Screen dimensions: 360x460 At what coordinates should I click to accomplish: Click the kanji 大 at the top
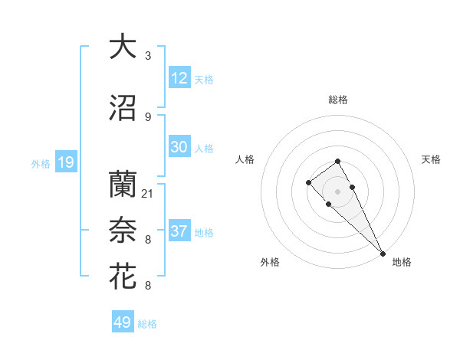coord(123,47)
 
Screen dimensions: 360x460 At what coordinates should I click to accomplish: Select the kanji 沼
coord(123,108)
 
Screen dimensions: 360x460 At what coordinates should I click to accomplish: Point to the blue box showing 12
coord(179,78)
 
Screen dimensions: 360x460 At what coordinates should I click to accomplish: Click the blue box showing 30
coord(179,148)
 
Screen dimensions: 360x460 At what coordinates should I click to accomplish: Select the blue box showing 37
coord(179,231)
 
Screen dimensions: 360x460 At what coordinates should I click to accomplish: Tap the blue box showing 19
coord(66,162)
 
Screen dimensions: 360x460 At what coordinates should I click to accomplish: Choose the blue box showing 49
coord(123,322)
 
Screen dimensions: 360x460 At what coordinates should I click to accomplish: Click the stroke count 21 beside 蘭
coord(148,194)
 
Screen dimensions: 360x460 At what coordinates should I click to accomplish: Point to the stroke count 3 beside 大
coord(148,56)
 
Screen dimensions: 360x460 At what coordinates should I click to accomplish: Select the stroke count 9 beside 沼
coord(148,117)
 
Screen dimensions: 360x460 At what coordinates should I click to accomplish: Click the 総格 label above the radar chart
coord(338,100)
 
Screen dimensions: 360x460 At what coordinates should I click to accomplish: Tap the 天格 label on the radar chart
coord(431,159)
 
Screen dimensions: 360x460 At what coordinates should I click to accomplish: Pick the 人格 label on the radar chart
coord(245,159)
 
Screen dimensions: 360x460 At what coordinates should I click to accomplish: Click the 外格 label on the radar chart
coord(270,263)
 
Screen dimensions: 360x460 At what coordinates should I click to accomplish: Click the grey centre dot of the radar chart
coord(337,191)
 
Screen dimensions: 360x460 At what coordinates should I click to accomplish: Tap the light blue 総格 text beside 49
coord(148,324)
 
